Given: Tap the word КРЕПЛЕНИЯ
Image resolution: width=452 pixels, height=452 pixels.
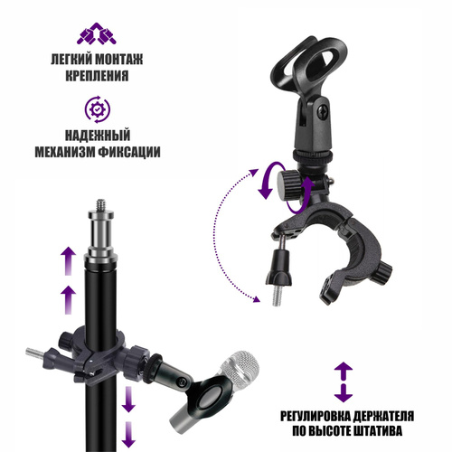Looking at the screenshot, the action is (97, 75).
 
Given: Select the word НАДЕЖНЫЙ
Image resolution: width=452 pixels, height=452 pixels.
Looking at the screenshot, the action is (98, 136).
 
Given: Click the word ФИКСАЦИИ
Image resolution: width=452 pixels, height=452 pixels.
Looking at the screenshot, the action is (129, 152).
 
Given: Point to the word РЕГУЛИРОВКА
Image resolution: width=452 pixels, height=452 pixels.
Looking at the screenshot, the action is (315, 416).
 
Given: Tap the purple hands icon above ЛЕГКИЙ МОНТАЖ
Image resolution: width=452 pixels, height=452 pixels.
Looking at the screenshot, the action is (97, 33).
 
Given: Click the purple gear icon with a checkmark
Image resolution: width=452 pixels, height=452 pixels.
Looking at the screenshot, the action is (97, 109).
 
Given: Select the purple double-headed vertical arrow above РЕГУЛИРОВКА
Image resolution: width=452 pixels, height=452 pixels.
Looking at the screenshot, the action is (344, 382).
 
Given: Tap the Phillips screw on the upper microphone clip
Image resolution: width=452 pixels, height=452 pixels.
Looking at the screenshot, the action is (323, 113).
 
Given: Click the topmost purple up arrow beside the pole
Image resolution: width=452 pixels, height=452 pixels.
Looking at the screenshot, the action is (69, 260).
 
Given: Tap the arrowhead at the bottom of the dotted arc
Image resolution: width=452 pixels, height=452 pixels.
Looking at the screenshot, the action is (256, 299).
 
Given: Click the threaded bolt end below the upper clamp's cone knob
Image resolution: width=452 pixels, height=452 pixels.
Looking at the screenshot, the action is (277, 297).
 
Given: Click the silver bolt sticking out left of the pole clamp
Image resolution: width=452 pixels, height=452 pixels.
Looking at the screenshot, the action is (35, 352).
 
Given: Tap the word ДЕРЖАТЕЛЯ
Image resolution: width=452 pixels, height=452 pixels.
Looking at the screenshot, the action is (383, 416).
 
